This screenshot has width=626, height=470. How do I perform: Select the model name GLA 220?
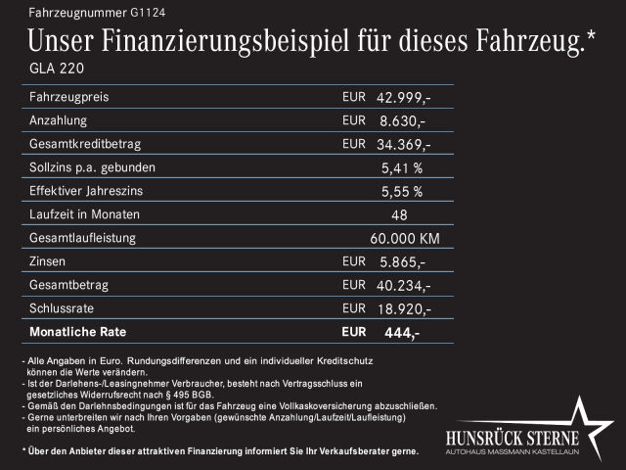click(x=58, y=69)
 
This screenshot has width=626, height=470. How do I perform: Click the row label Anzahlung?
click(x=60, y=121)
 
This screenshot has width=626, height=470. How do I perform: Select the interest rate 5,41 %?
click(x=402, y=168)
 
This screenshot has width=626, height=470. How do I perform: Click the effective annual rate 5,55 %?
click(x=402, y=192)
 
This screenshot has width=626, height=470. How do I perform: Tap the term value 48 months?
click(x=399, y=215)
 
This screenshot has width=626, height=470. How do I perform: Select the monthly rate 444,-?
click(x=402, y=333)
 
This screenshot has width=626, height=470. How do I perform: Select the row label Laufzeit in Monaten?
click(x=85, y=214)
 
